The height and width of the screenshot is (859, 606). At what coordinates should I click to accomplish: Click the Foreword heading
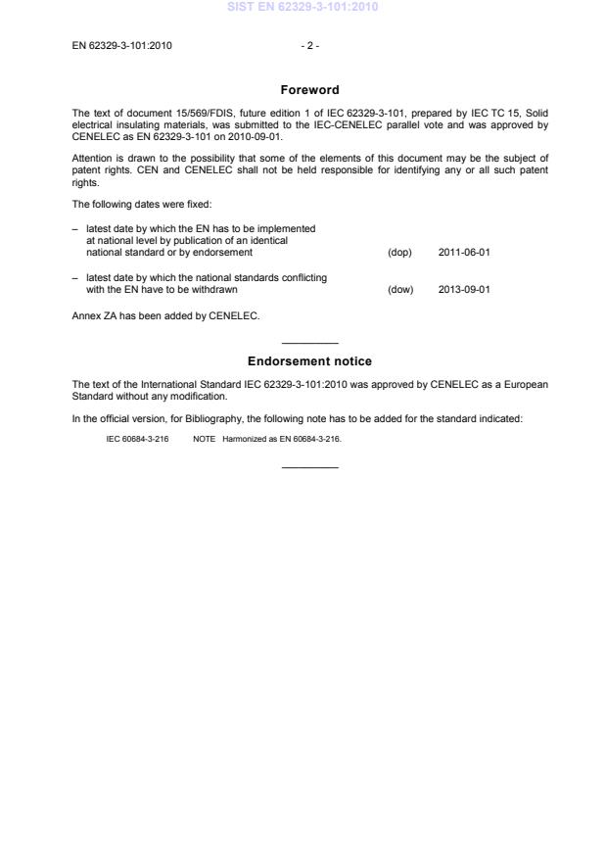[309, 90]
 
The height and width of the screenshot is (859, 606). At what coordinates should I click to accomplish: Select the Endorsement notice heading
[309, 361]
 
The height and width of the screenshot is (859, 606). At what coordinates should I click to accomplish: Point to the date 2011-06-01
[464, 252]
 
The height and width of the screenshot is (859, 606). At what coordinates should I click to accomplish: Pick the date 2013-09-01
[464, 289]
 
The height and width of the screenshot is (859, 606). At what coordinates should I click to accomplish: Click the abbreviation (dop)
[399, 252]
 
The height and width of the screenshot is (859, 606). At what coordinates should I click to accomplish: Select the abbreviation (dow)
[400, 289]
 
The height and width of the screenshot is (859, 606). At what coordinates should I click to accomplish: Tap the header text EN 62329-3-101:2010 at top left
[122, 45]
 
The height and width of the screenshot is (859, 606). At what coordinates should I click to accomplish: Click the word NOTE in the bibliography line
[204, 439]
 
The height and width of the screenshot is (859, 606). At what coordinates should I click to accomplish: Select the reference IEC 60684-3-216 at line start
[137, 439]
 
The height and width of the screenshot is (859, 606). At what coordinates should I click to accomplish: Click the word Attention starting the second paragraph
[92, 157]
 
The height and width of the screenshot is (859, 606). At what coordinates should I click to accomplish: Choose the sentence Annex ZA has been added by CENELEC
[165, 316]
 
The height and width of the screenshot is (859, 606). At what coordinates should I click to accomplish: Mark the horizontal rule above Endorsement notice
[309, 343]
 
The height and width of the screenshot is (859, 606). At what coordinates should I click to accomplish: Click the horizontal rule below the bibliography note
[309, 466]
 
